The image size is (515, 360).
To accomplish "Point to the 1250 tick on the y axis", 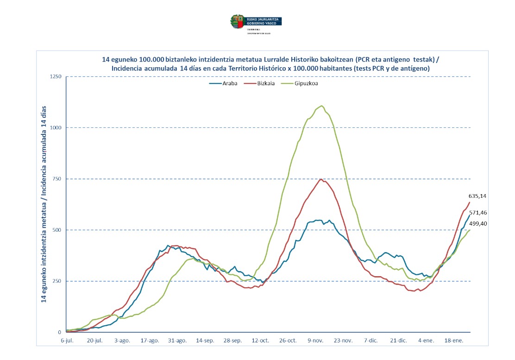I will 56,76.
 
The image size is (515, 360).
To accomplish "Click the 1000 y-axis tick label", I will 56,128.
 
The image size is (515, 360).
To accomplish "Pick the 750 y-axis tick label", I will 57,179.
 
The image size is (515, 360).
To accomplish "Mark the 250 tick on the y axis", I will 57,281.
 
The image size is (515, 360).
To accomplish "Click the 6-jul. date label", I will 68,340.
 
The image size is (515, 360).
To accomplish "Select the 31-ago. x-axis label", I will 178,340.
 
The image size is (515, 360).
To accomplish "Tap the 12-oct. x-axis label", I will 261,340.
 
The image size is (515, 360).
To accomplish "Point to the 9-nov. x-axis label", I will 316,340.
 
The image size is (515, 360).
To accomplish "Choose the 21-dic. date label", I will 399,340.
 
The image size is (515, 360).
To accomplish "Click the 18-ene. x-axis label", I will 454,340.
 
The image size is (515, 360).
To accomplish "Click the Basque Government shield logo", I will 237,21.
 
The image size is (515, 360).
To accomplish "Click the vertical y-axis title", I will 44,204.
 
